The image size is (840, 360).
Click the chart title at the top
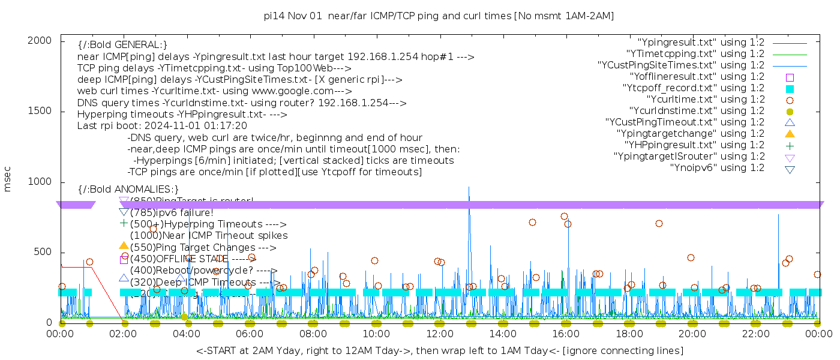439,16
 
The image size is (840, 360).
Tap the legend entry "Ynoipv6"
717,168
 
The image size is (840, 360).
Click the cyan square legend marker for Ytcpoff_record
790,88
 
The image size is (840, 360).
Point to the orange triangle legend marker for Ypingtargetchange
790,133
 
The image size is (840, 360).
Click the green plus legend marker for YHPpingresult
790,145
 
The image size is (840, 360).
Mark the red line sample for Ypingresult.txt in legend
790,43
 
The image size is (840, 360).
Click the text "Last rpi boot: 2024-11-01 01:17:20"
162,126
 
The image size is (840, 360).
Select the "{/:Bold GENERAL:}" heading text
122,45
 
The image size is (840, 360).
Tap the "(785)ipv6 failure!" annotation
172,212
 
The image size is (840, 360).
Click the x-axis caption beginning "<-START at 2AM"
439,350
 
